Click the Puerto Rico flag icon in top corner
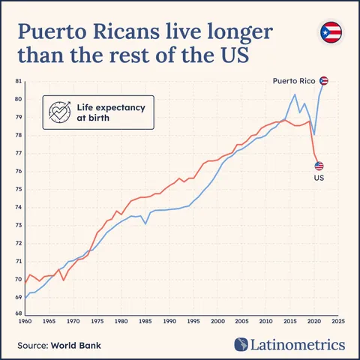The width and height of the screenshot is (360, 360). click(331, 32)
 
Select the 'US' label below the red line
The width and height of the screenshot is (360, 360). click(318, 178)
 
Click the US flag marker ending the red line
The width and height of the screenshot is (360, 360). click(319, 166)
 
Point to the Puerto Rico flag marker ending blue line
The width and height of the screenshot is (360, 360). click(324, 81)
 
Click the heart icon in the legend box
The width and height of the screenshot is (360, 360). click(58, 112)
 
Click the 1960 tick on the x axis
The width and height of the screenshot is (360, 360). click(25, 322)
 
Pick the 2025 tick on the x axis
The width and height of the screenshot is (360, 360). click(338, 322)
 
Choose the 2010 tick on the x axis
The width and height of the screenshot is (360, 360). click(265, 322)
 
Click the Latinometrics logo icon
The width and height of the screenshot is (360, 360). click(241, 344)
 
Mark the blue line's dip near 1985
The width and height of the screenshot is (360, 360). click(145, 223)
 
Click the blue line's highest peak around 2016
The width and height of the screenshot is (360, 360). click(295, 95)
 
